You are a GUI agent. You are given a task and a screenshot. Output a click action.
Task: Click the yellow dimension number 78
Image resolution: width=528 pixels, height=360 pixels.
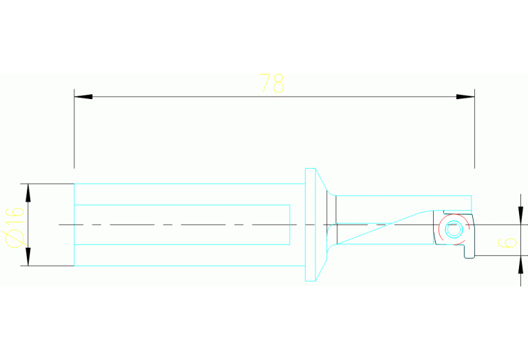coord(272,83)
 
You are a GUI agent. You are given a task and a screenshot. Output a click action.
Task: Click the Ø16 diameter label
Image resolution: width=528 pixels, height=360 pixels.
coord(14,227)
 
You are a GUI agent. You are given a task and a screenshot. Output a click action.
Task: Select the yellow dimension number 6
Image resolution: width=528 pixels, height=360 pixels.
coord(507,242)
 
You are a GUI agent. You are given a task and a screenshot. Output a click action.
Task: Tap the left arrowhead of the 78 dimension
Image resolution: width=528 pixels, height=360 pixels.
coord(83,96)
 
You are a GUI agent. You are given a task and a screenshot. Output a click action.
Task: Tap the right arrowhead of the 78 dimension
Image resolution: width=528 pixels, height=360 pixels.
coord(465,96)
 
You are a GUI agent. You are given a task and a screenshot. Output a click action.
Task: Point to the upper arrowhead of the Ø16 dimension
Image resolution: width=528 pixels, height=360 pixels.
coord(28,193)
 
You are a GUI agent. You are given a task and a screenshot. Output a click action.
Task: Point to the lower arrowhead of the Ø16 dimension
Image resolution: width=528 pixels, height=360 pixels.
coord(28,257)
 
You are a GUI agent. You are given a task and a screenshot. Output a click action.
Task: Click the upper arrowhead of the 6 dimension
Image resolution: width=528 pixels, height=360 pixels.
coord(520,215)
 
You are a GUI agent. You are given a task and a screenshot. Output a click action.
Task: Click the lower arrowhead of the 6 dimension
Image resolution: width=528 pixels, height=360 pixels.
coord(520,264)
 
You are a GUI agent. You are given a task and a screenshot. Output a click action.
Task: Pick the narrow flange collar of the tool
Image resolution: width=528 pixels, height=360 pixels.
coord(310,224)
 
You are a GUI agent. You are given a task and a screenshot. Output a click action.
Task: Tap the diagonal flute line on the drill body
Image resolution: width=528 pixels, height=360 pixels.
coord(385,226)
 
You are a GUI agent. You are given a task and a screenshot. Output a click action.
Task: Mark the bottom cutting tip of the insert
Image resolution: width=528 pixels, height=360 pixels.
coord(469,257)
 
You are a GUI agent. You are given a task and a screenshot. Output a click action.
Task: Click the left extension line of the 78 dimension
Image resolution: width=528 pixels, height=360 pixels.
coord(74,129)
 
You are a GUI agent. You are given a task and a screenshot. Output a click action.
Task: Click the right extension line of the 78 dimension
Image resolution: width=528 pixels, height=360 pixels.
coord(475,129)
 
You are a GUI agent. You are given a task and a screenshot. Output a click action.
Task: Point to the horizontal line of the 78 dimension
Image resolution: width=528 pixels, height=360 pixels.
coord(275,96)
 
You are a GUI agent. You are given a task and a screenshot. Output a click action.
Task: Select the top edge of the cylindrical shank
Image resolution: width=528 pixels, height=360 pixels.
coord(189,184)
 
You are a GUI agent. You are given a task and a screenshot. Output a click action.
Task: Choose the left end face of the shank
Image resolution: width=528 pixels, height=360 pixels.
coord(74,224)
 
